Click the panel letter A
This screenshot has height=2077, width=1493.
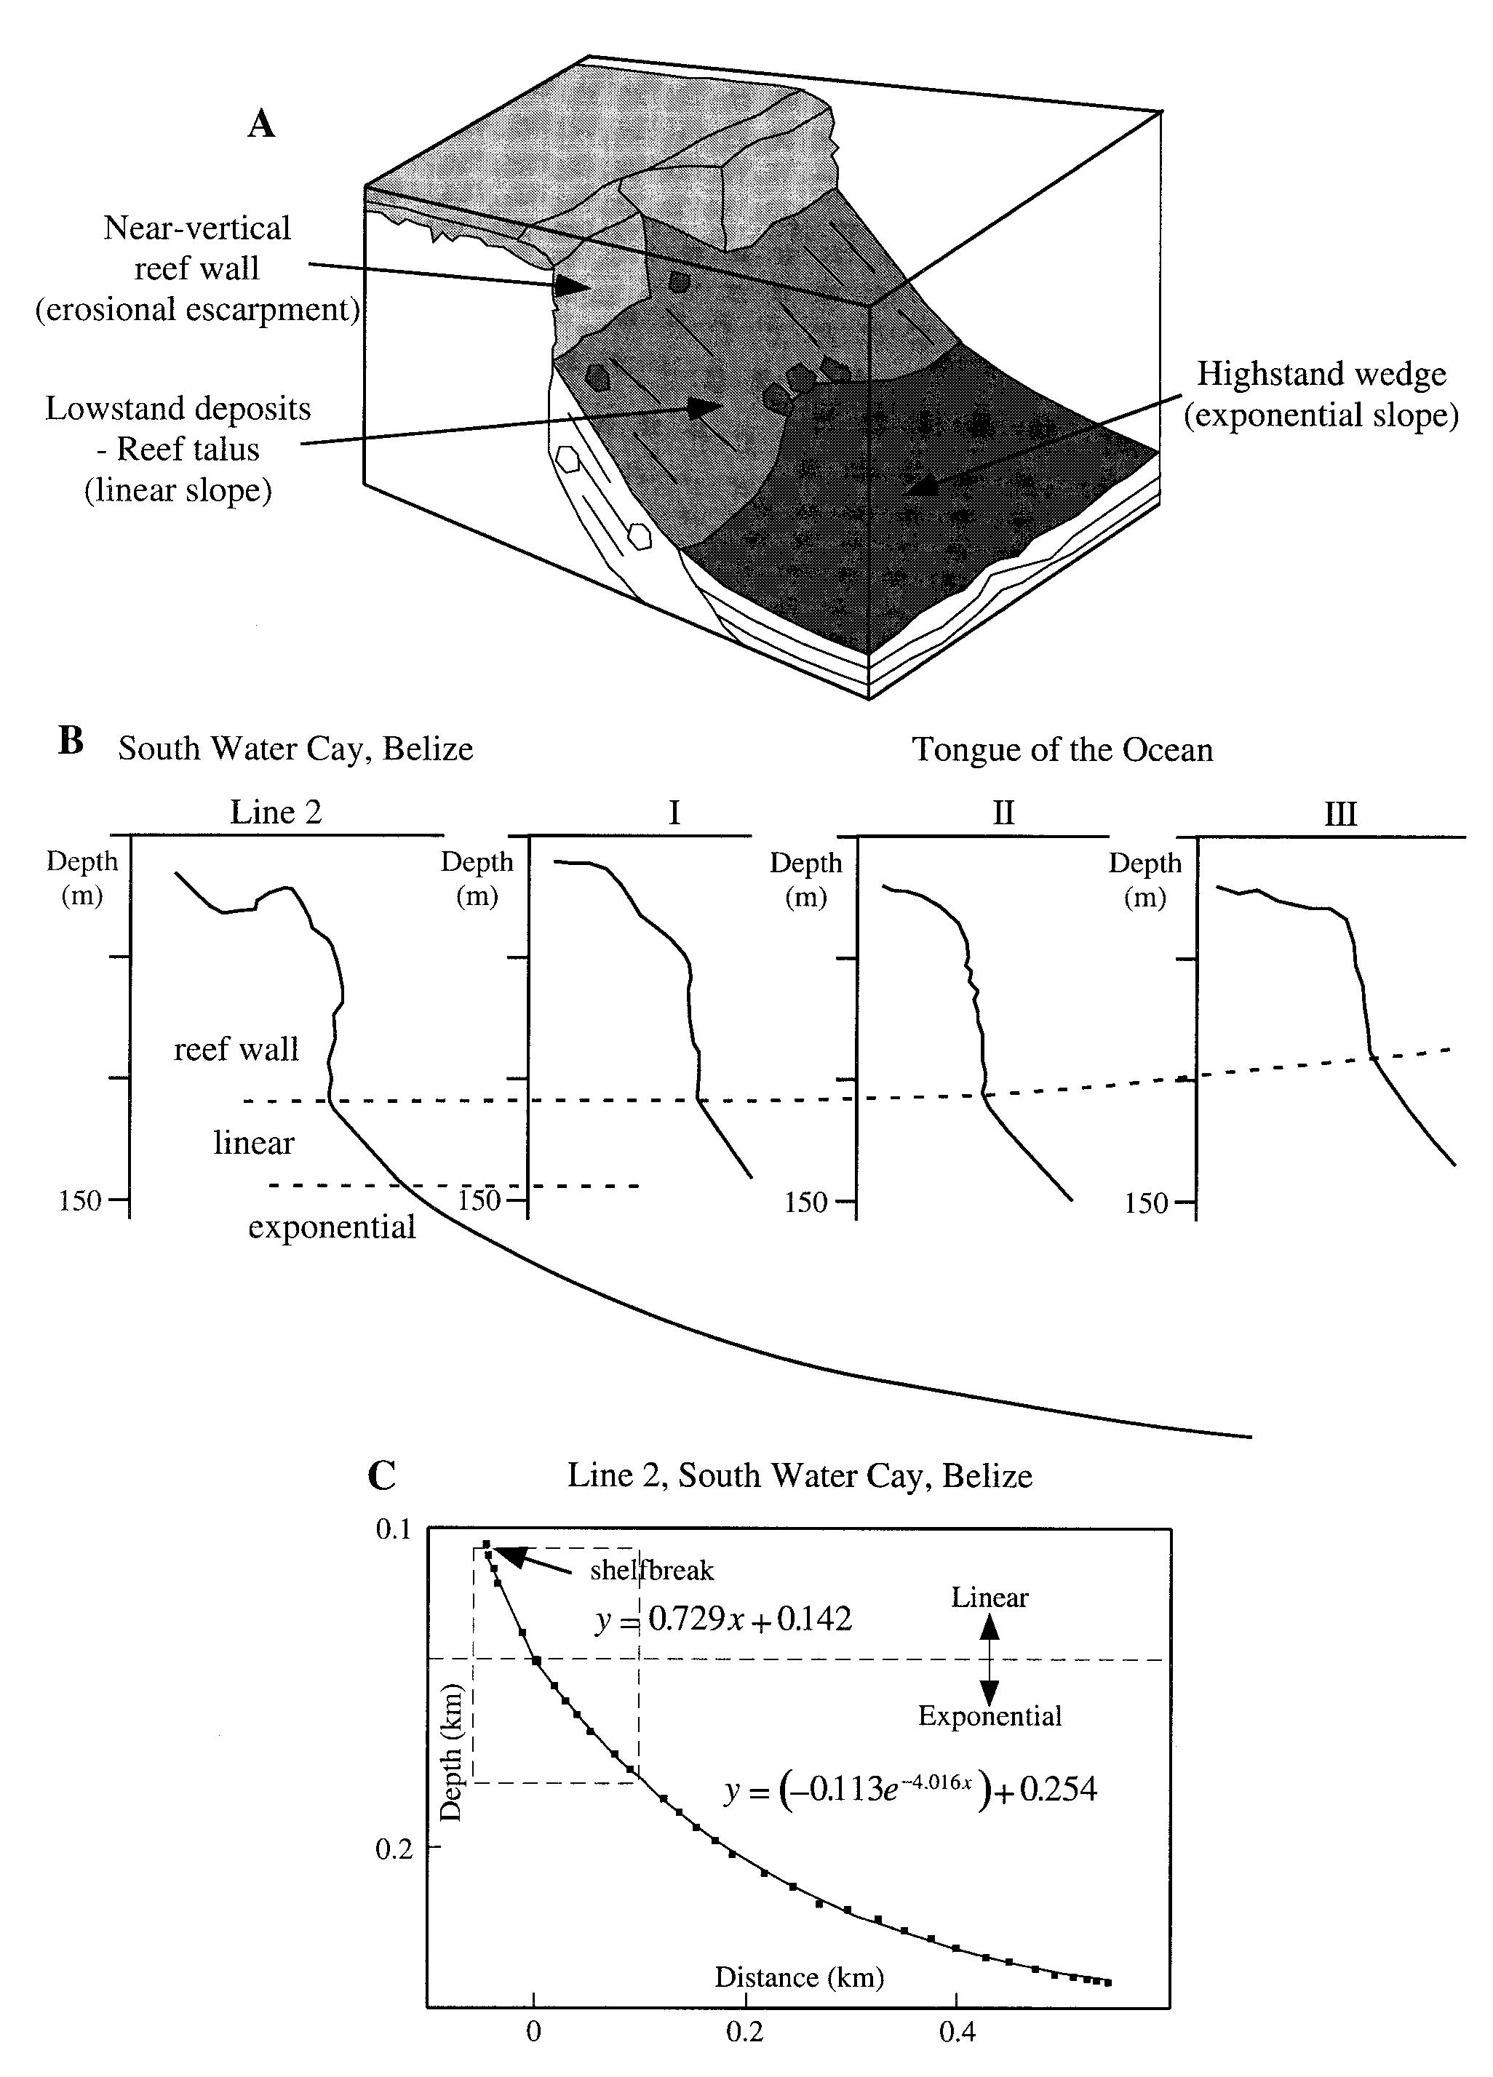pos(261,124)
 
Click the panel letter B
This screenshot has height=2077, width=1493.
pos(71,741)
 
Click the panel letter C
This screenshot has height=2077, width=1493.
pos(382,1476)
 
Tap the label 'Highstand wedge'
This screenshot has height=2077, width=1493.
pos(1321,375)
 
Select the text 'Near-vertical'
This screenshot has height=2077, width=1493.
pos(197,228)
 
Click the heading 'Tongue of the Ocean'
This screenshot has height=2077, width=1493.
pos(1062,750)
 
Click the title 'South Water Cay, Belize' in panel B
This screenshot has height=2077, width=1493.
pos(295,749)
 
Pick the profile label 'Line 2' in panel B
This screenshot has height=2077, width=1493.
pos(276,813)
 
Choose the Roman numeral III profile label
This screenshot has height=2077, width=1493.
pos(1340,814)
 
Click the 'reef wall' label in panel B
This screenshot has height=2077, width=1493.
pos(236,1050)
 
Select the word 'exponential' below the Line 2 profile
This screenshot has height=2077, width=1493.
pos(332,1227)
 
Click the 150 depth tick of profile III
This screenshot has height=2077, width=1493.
pos(1146,1203)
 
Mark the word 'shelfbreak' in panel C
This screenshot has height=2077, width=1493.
pos(651,1571)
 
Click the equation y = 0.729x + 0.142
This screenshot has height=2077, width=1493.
pos(724,1620)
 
